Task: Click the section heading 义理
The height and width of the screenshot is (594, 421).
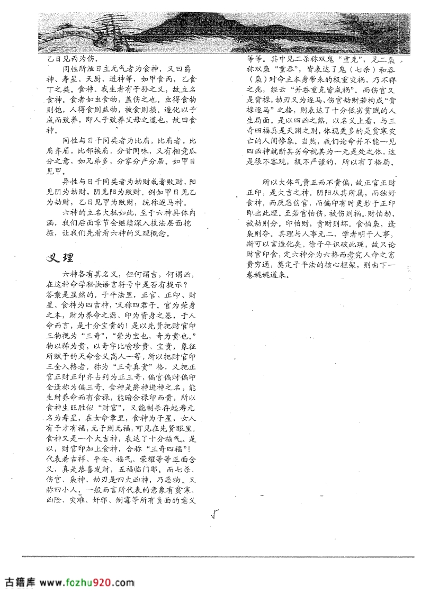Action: click(x=60, y=257)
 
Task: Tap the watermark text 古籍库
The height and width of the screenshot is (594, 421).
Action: click(x=20, y=582)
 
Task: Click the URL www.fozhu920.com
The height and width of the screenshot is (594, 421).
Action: click(x=87, y=582)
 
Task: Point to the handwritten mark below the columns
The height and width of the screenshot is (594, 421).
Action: click(x=214, y=513)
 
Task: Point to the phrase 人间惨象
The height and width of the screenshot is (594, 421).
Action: click(x=289, y=141)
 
